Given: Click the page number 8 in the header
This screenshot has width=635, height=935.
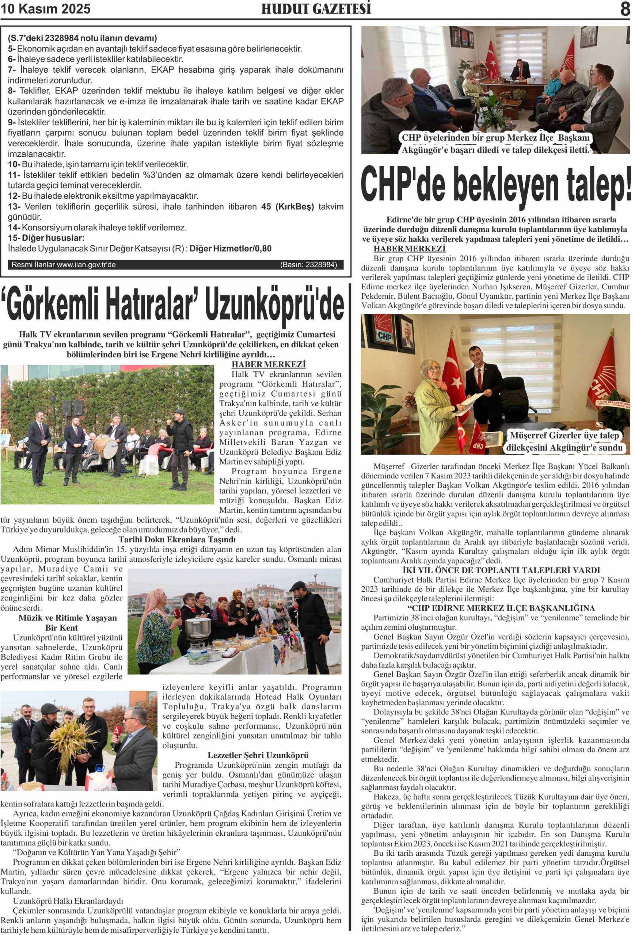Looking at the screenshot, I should (x=624, y=8).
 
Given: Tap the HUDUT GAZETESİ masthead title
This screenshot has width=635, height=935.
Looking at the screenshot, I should (x=316, y=9).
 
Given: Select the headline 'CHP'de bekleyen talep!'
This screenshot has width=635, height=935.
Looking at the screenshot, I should (x=496, y=186).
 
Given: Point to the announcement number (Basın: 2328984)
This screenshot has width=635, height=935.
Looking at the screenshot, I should (x=308, y=265).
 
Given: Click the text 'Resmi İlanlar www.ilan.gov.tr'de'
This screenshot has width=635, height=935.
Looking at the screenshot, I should (x=64, y=265).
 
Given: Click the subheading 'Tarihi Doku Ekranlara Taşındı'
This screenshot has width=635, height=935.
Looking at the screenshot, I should (x=177, y=539).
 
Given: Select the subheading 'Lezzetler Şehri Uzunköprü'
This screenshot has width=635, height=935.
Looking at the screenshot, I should (x=258, y=755).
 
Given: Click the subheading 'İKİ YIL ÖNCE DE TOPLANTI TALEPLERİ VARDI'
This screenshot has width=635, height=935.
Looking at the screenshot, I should (x=501, y=570).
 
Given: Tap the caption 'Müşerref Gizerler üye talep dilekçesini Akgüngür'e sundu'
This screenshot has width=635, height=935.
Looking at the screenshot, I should (x=564, y=441).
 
